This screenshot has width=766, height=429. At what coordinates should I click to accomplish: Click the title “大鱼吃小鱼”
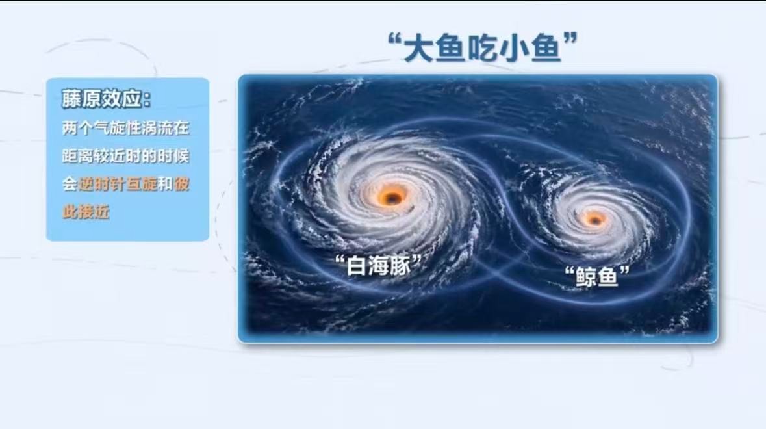click(483, 47)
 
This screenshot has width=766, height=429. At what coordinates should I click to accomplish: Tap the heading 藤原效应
click(105, 99)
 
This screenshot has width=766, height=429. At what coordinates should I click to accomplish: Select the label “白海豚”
click(378, 265)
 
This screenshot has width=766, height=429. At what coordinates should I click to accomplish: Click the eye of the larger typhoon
click(392, 198)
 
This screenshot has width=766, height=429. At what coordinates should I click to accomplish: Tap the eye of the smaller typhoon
click(594, 220)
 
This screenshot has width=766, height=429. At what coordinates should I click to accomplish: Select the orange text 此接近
click(86, 211)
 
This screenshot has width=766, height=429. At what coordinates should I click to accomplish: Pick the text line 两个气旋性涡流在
click(125, 128)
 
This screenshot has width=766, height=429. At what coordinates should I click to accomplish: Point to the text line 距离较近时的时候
click(125, 156)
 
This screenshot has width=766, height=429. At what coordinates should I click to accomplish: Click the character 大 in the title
click(418, 49)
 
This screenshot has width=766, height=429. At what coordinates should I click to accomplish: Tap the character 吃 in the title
click(481, 49)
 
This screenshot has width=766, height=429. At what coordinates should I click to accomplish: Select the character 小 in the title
click(513, 49)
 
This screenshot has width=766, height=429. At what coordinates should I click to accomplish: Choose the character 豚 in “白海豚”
click(401, 266)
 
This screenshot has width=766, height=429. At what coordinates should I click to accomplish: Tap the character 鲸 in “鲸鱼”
click(586, 277)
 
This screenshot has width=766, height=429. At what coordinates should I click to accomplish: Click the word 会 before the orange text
click(70, 184)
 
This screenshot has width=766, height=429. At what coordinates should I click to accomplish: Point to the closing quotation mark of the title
click(570, 38)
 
